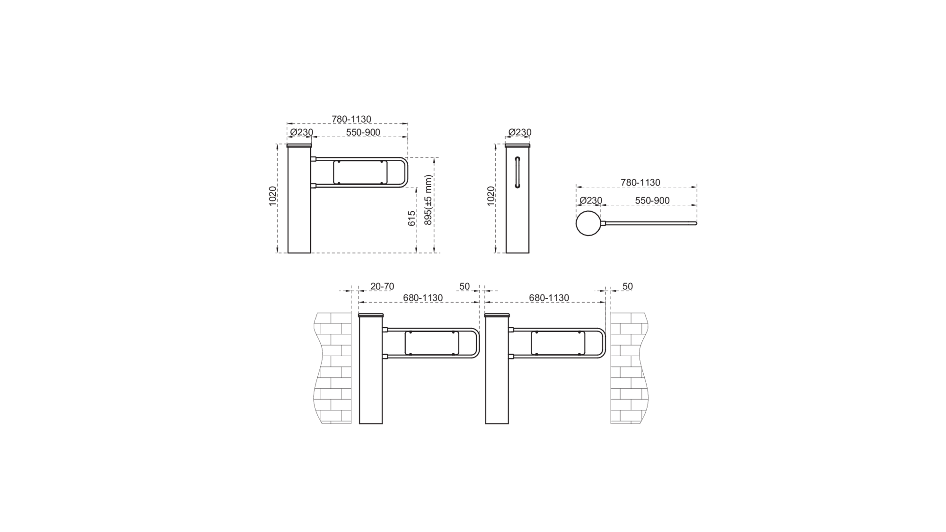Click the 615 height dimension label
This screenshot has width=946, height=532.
pyautogui.click(x=412, y=218)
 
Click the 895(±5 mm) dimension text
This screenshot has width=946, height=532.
pyautogui.click(x=428, y=200)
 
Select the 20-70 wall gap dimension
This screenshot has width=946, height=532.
pyautogui.click(x=382, y=287)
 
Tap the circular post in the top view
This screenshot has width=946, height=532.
pyautogui.click(x=588, y=223)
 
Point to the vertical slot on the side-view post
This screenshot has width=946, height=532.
pyautogui.click(x=517, y=172)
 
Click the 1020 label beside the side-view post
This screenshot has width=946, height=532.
pyautogui.click(x=491, y=196)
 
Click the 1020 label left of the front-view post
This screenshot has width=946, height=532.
pyautogui.click(x=272, y=196)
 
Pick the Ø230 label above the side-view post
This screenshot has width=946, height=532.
pyautogui.click(x=520, y=132)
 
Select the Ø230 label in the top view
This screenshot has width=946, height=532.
pyautogui.click(x=591, y=201)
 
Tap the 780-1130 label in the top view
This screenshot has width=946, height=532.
pyautogui.click(x=640, y=183)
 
